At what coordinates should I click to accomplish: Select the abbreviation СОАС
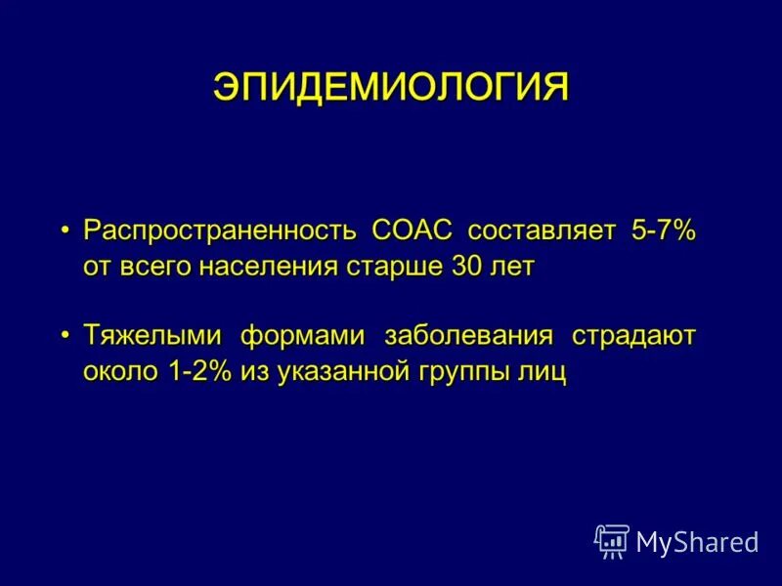pyautogui.click(x=412, y=231)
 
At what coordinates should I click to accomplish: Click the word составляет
pyautogui.click(x=542, y=231)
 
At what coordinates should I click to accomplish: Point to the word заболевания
pyautogui.click(x=469, y=337)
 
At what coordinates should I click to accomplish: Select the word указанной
pyautogui.click(x=333, y=373)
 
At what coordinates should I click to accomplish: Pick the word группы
pyautogui.click(x=467, y=373)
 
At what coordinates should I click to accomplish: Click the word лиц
pyautogui.click(x=545, y=373)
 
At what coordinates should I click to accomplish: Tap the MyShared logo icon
pyautogui.click(x=611, y=540)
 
